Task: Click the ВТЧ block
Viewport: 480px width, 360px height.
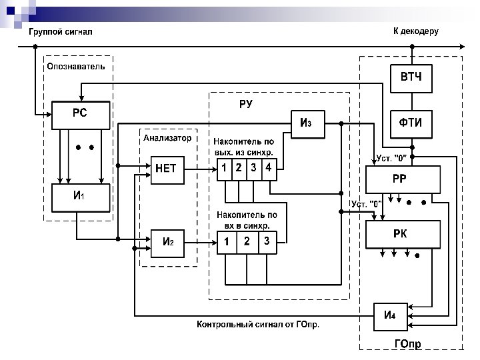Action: [411, 79]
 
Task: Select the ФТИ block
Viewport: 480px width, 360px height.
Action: [411, 124]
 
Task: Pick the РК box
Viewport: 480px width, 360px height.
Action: [403, 234]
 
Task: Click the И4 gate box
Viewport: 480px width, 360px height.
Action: [390, 315]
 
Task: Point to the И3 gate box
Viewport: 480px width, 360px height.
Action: [307, 123]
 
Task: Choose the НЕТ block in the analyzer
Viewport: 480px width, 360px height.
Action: [167, 169]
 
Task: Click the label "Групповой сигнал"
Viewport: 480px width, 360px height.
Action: [60, 31]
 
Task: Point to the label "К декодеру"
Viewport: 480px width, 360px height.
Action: [415, 31]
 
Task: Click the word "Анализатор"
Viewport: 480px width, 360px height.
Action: [168, 138]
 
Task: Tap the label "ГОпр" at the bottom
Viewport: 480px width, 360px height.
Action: [408, 345]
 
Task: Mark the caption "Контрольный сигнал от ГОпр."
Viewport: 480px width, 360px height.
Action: [258, 325]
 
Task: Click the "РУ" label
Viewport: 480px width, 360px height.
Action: [245, 105]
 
